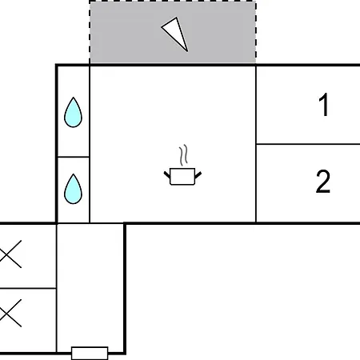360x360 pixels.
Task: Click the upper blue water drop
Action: [73, 113]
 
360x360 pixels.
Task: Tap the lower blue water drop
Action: [73, 190]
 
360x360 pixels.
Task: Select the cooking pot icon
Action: [182, 166]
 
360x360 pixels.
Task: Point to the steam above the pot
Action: [183, 155]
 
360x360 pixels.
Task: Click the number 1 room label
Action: [323, 105]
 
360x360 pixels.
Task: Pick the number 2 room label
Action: [323, 182]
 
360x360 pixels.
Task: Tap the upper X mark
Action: [10, 254]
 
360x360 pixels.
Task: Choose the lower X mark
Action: [10, 313]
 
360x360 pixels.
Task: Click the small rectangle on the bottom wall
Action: [90, 353]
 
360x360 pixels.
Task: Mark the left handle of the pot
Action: [167, 175]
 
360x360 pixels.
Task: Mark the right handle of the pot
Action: [198, 175]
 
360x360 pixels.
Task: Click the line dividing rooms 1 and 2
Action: [308, 144]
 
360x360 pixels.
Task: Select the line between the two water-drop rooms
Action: [74, 157]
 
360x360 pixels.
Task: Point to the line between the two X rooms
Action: [28, 288]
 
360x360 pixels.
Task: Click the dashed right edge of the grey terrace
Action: [256, 32]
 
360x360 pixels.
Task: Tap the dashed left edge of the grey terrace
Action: [90, 32]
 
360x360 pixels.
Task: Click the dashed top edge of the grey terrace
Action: [173, 2]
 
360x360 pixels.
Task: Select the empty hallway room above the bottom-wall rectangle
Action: [90, 286]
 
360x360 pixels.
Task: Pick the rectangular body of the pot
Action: [182, 176]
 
